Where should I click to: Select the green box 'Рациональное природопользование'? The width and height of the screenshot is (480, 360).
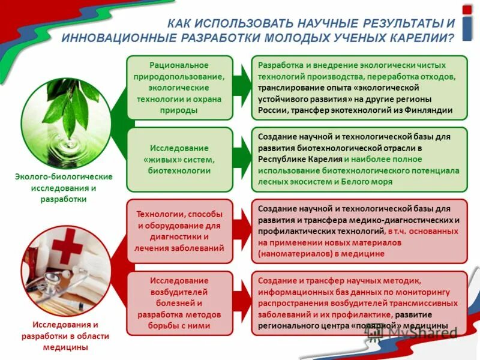179,88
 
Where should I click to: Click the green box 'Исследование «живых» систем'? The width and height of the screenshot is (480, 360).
179,159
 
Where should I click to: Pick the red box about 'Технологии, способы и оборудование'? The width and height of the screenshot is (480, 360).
179,231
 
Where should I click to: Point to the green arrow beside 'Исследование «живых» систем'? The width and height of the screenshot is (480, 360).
241,159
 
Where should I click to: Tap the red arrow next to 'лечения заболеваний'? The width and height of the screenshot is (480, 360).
241,231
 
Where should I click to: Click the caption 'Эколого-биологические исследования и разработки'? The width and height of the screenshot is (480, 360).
64,188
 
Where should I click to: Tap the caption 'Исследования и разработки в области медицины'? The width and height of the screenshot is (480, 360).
65,336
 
